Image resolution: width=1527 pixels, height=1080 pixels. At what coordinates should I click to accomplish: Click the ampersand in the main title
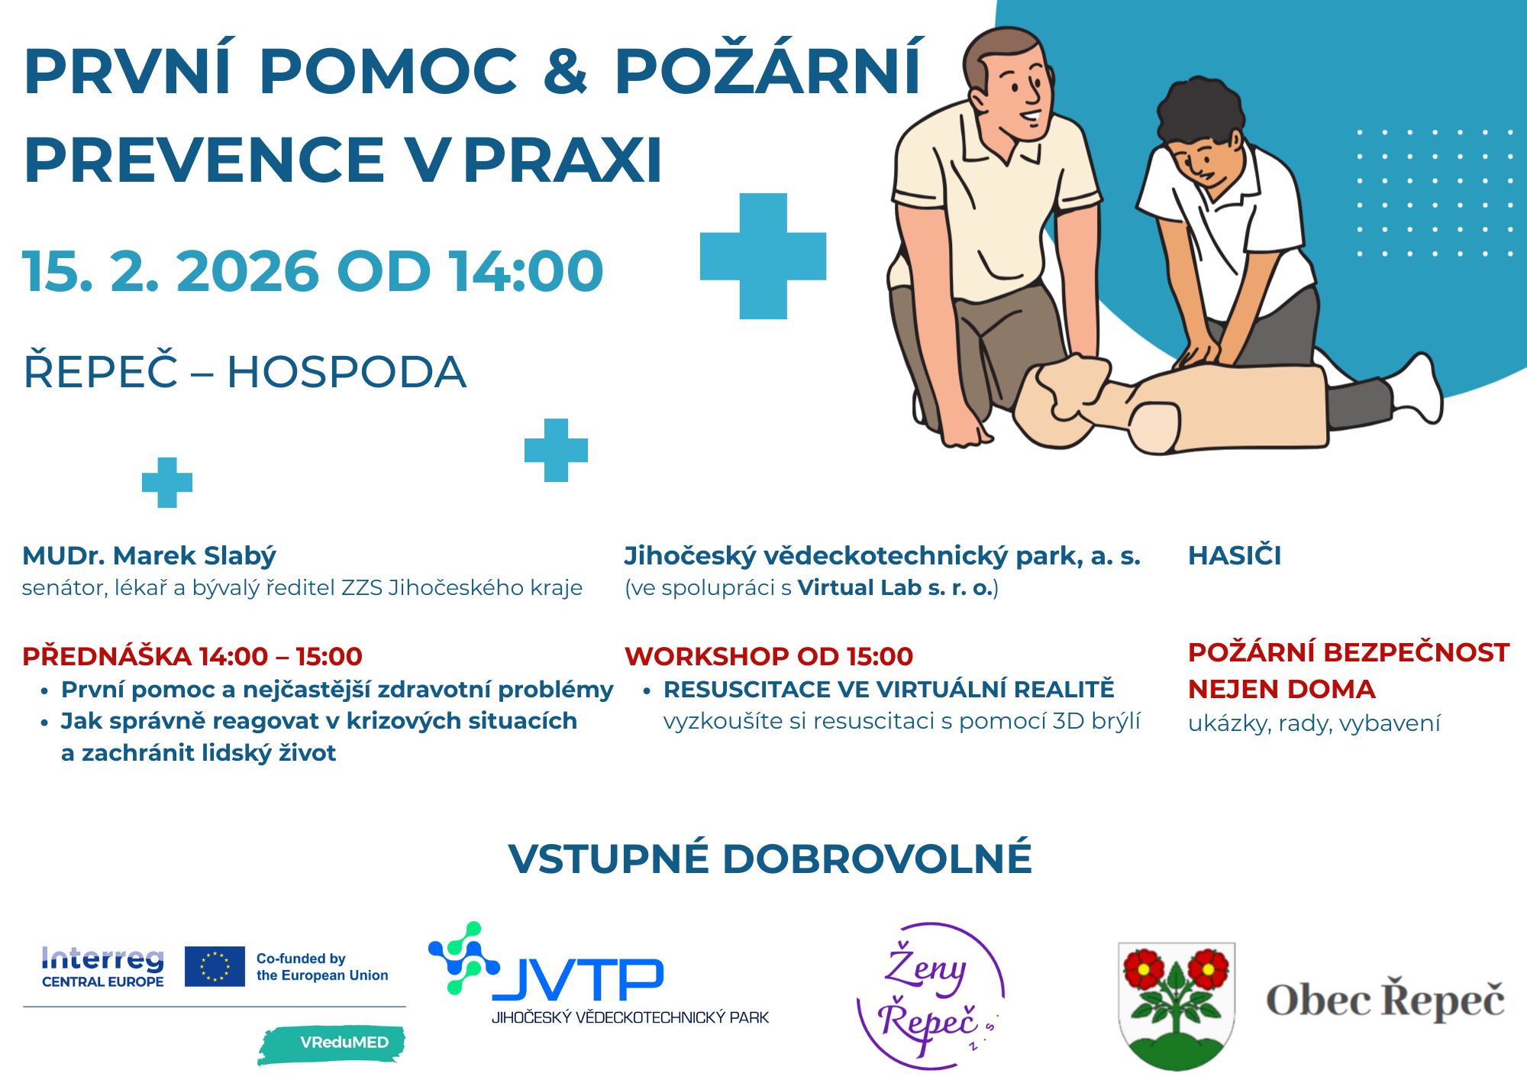[565, 71]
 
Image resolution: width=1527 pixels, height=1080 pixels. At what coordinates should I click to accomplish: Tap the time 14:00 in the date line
[526, 271]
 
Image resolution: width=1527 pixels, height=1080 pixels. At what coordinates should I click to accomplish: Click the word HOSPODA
[346, 372]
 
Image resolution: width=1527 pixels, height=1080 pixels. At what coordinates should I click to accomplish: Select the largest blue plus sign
[763, 256]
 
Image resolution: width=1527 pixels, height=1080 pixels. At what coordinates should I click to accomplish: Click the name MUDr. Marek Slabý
[149, 555]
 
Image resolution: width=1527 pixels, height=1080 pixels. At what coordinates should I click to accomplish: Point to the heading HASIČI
[1235, 555]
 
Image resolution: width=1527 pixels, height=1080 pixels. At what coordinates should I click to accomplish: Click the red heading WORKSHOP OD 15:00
[769, 656]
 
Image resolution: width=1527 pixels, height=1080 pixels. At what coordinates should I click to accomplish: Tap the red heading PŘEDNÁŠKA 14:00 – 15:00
[192, 656]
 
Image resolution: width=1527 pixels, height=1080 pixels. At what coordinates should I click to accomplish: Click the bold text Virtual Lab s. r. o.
[895, 587]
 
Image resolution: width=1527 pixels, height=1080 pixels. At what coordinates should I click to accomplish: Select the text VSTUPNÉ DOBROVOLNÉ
[770, 858]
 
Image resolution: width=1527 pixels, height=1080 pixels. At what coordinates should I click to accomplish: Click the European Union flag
[215, 966]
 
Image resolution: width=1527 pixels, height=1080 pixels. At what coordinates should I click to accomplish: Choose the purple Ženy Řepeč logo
[930, 995]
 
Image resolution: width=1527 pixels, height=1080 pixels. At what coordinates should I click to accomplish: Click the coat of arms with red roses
[1176, 1005]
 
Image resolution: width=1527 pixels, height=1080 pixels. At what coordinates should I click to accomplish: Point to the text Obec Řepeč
[1385, 999]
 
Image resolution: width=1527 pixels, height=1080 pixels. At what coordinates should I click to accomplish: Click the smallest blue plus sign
[167, 483]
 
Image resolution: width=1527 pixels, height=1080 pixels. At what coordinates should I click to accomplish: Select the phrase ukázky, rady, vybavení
[1314, 723]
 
